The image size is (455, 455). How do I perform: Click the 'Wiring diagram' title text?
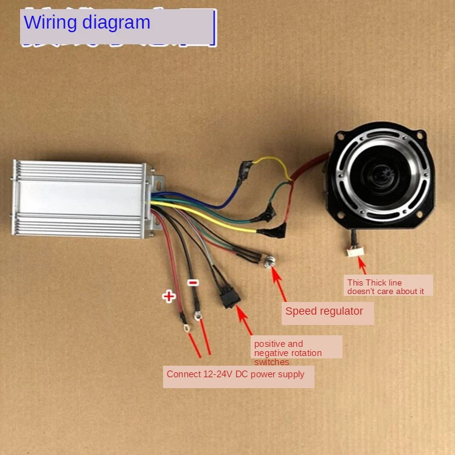(x=87, y=22)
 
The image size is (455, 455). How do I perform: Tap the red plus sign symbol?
(x=168, y=296)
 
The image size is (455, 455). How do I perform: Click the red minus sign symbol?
(x=192, y=282)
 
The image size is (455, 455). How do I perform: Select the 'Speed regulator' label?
(x=324, y=312)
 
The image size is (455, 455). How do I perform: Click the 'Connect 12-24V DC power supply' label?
(x=235, y=374)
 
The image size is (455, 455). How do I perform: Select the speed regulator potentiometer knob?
(x=269, y=263)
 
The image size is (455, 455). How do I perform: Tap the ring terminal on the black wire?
(x=198, y=315)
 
